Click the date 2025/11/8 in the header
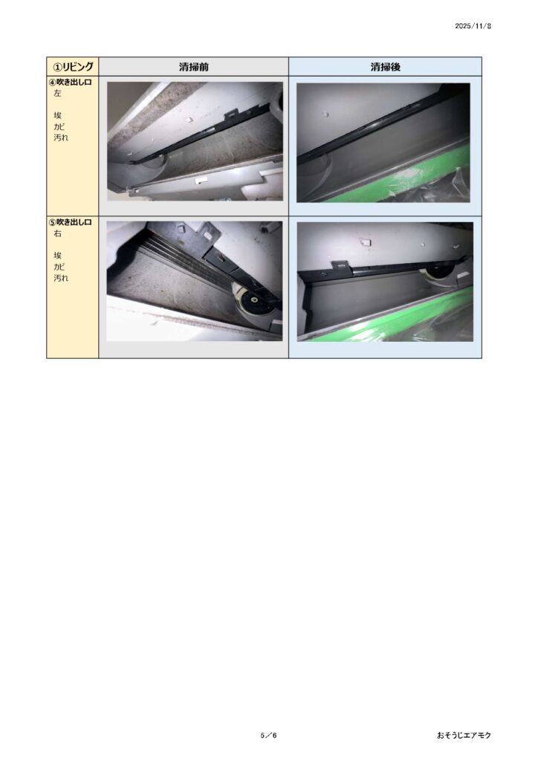[473, 26]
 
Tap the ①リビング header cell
[73, 66]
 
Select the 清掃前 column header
[193, 67]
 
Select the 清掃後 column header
[385, 67]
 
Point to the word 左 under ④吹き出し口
[58, 93]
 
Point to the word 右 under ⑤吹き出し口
[58, 233]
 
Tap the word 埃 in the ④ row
[58, 115]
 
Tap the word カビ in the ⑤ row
[59, 267]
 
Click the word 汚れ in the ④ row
[61, 137]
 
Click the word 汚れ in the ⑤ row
[61, 278]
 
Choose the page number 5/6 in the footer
[268, 735]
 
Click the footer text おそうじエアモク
[464, 735]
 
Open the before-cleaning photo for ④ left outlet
[195, 141]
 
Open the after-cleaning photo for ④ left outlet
[383, 143]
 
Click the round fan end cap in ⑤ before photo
[253, 304]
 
